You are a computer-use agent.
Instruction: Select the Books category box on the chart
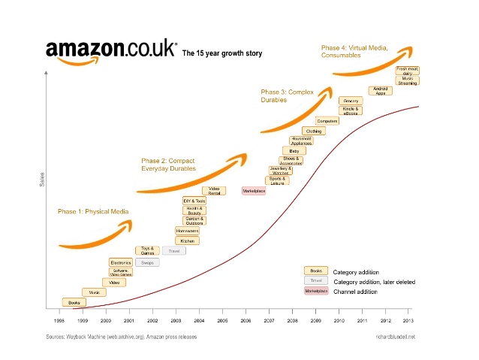click(74, 302)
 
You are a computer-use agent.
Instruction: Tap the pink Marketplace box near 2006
click(254, 191)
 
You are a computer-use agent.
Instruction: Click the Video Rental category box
click(214, 191)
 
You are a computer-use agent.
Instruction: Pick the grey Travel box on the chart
click(173, 251)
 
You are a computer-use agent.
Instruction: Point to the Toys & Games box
click(147, 251)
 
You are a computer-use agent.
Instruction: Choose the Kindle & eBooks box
click(351, 110)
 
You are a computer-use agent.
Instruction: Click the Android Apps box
click(380, 90)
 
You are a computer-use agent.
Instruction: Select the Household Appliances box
click(301, 141)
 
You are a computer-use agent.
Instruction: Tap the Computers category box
click(327, 121)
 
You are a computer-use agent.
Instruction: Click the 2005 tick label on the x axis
click(223, 320)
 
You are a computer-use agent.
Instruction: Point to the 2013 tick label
click(408, 320)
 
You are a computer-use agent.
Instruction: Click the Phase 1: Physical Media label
click(92, 212)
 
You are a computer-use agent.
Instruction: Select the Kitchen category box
click(187, 241)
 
